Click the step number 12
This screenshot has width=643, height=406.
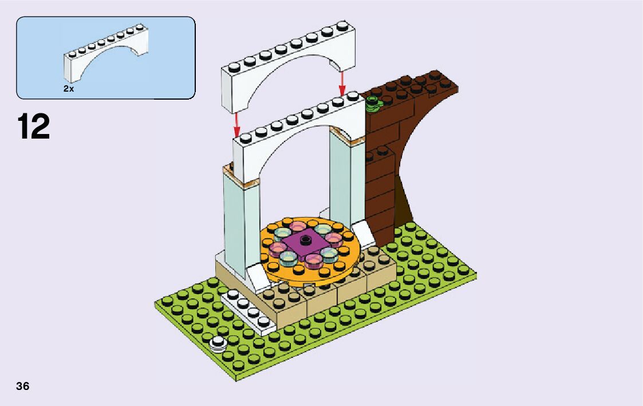pos(34,127)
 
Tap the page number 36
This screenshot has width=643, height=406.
pos(22,386)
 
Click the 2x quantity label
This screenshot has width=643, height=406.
pos(69,89)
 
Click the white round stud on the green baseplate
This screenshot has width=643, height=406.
pos(218,343)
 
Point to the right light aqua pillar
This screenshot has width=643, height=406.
pos(342,178)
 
